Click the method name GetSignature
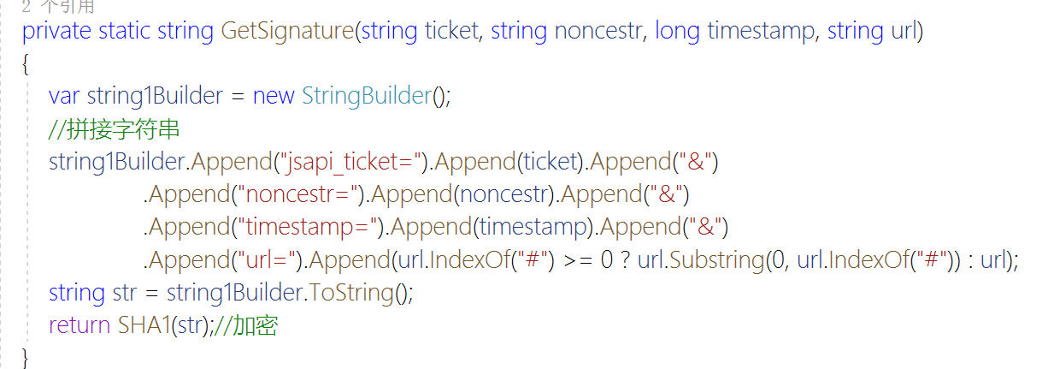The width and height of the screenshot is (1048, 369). (286, 32)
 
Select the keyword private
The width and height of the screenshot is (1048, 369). (56, 32)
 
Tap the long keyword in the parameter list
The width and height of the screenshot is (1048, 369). (677, 32)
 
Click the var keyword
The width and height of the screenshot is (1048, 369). (64, 96)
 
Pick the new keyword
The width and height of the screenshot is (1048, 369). (273, 96)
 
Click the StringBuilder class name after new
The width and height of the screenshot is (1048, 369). (366, 96)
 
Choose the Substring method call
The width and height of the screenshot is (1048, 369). (715, 260)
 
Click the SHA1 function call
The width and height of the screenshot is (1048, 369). (143, 325)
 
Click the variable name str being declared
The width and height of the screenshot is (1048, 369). (124, 293)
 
